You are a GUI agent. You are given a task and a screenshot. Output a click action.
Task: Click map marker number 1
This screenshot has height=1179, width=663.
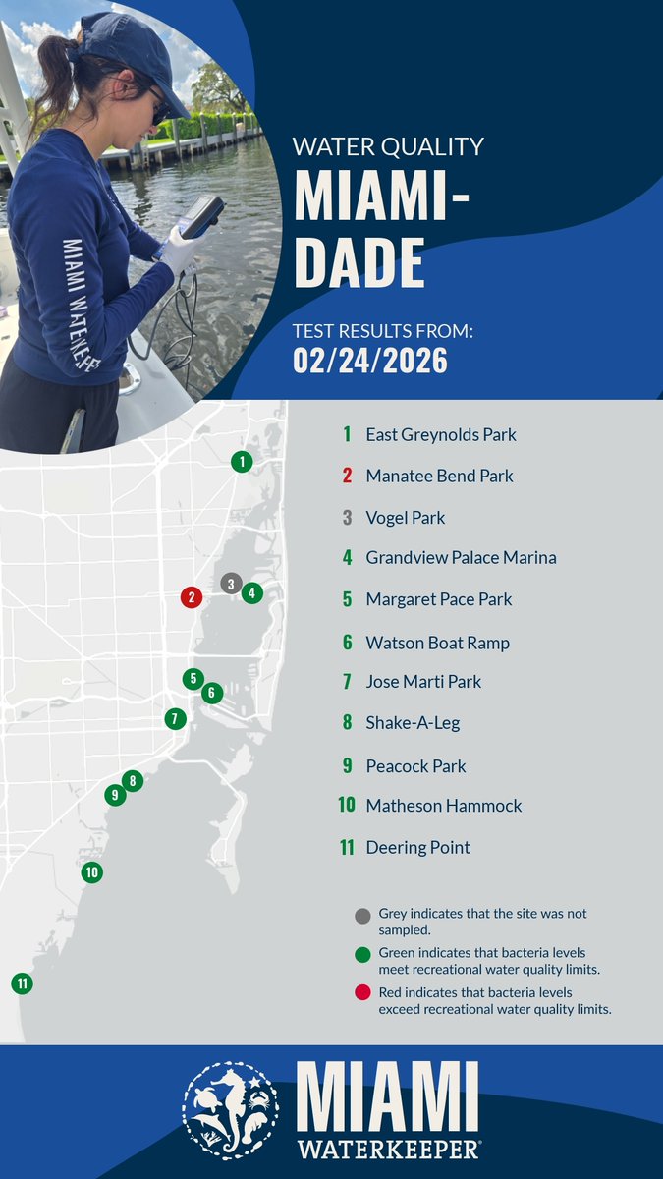[x=242, y=461]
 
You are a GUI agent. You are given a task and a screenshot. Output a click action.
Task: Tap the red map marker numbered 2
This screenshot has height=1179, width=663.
[x=192, y=596]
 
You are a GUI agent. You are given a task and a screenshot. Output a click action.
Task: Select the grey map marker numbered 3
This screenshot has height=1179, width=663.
[x=231, y=584]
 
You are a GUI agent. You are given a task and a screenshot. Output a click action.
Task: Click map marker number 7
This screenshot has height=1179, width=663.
[x=175, y=718]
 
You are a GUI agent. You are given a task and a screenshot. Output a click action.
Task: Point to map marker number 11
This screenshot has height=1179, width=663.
[x=22, y=982]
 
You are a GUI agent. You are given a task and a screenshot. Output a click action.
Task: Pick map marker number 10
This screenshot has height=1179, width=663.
[x=91, y=871]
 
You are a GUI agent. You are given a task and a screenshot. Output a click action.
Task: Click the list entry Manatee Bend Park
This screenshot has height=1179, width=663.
[x=439, y=476]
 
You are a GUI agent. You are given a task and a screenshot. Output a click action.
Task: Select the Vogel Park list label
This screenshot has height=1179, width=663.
[x=405, y=517]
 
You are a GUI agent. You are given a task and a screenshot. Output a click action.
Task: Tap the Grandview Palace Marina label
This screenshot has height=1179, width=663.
[x=461, y=557]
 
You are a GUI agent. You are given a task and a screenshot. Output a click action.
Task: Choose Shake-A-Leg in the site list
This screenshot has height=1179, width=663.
[x=413, y=723]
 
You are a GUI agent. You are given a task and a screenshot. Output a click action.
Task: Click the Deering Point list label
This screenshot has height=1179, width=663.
[x=417, y=847]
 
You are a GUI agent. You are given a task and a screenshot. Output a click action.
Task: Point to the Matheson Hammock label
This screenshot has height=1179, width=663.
[x=443, y=806]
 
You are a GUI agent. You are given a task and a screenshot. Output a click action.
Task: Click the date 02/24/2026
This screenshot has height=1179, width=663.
[x=369, y=361]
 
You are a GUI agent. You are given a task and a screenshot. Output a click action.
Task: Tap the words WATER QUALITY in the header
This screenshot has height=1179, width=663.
[x=388, y=147]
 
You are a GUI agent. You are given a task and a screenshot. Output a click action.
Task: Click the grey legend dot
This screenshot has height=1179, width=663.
[x=362, y=917]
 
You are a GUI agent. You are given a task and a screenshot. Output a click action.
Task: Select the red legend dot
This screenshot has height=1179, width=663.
[x=362, y=993]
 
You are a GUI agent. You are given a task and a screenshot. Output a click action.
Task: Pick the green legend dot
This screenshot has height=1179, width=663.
[x=362, y=954]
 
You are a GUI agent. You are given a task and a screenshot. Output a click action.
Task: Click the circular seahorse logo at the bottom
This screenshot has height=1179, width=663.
[x=230, y=1110]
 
